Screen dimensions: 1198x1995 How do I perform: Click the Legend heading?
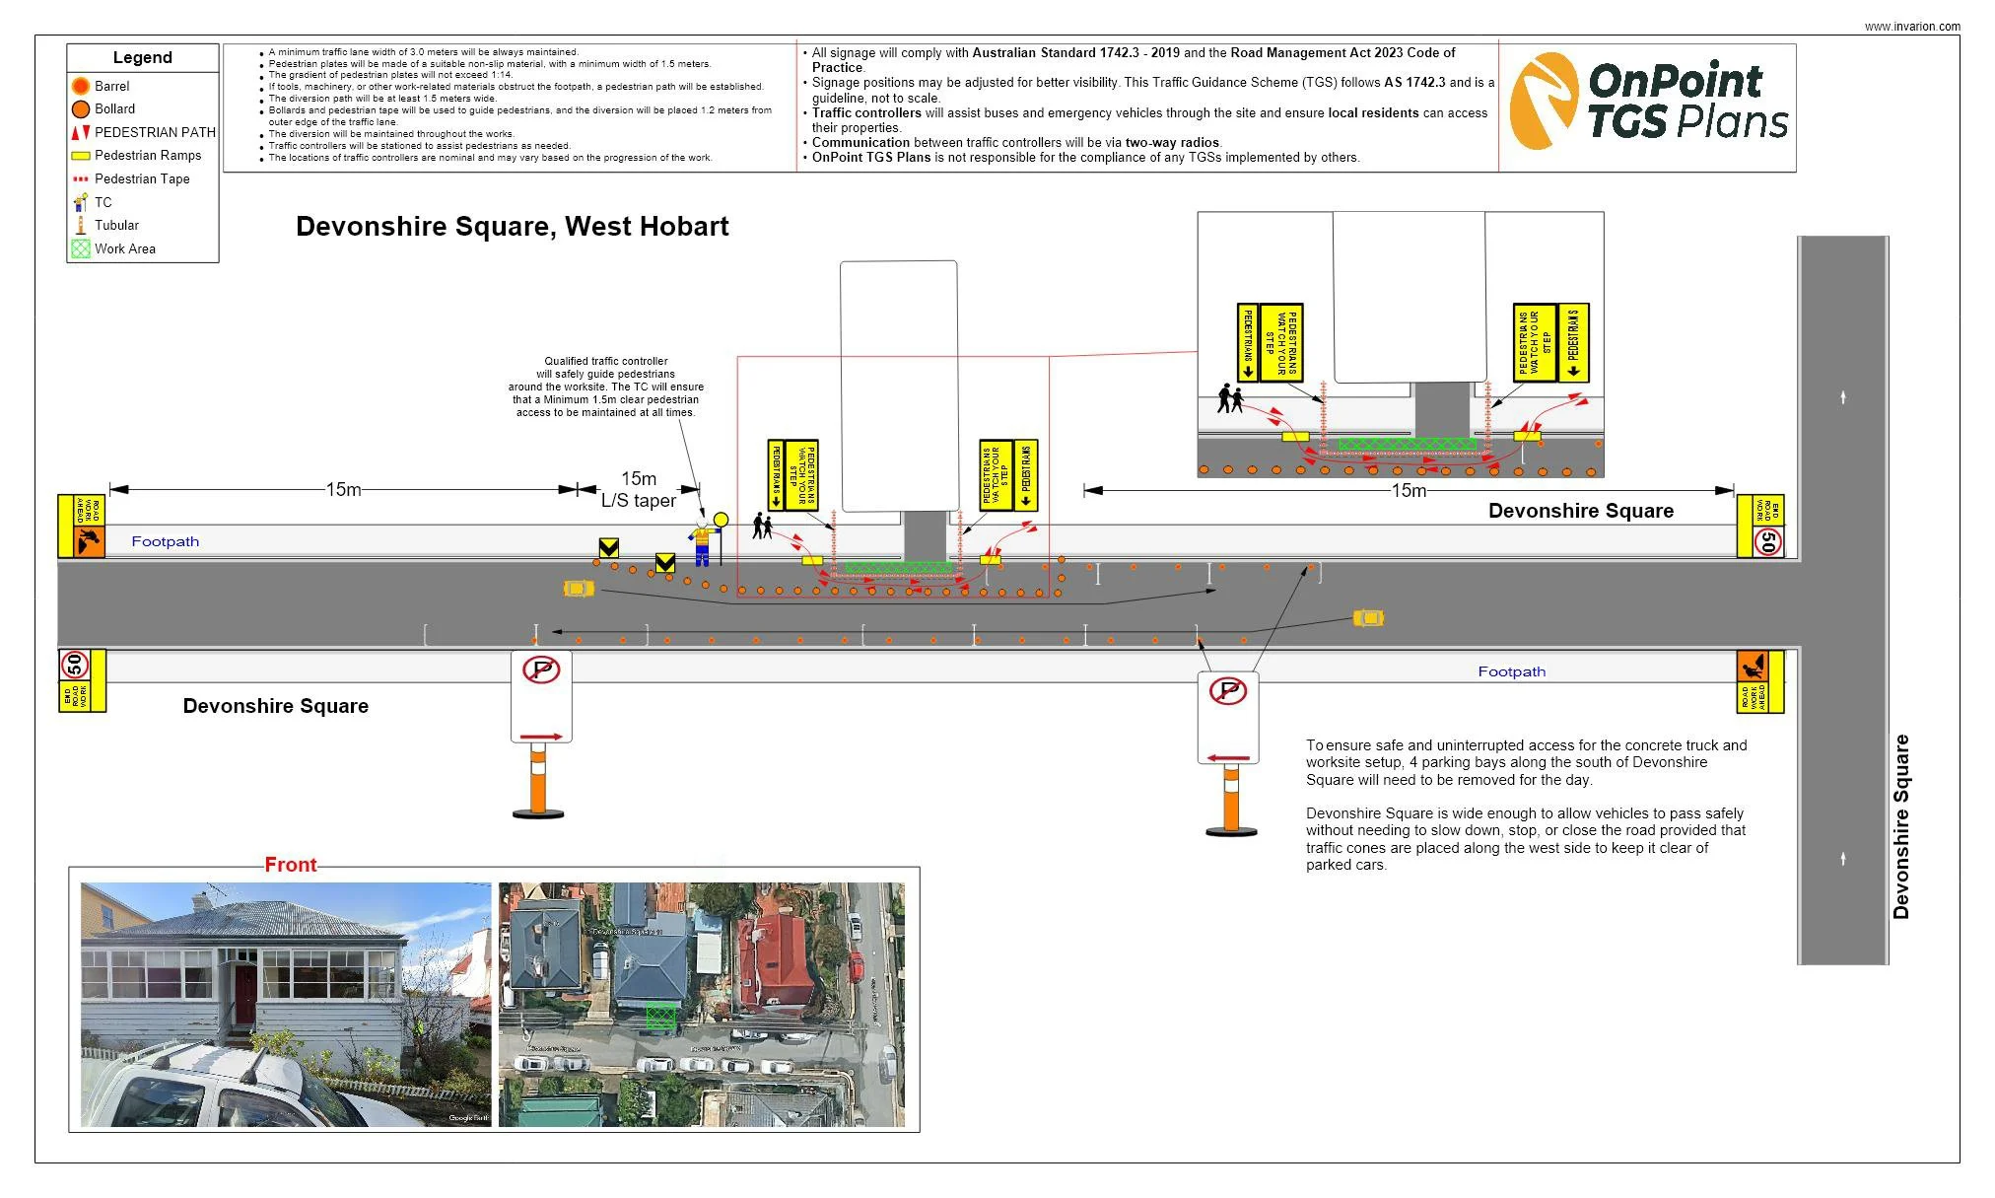142,57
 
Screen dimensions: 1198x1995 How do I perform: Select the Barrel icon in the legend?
81,86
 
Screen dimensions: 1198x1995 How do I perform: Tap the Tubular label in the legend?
116,225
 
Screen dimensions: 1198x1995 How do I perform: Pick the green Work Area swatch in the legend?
81,248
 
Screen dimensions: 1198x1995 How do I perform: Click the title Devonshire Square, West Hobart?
512,227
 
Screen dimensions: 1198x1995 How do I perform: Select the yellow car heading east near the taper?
579,589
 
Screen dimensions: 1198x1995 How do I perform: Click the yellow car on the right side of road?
1368,618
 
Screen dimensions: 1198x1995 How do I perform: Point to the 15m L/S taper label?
639,489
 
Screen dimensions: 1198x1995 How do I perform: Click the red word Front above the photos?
291,865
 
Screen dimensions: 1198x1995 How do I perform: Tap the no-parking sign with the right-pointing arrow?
541,696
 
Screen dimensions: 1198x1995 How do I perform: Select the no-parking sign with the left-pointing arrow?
1228,718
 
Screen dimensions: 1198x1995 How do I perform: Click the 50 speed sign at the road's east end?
1768,541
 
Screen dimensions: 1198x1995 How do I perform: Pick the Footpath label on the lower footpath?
1511,671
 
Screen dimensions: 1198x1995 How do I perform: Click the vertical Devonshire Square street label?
1901,826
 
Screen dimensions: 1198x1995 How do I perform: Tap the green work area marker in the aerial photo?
660,1016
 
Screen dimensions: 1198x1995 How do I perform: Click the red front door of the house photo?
244,995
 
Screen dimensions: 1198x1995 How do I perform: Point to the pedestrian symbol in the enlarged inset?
1229,398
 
